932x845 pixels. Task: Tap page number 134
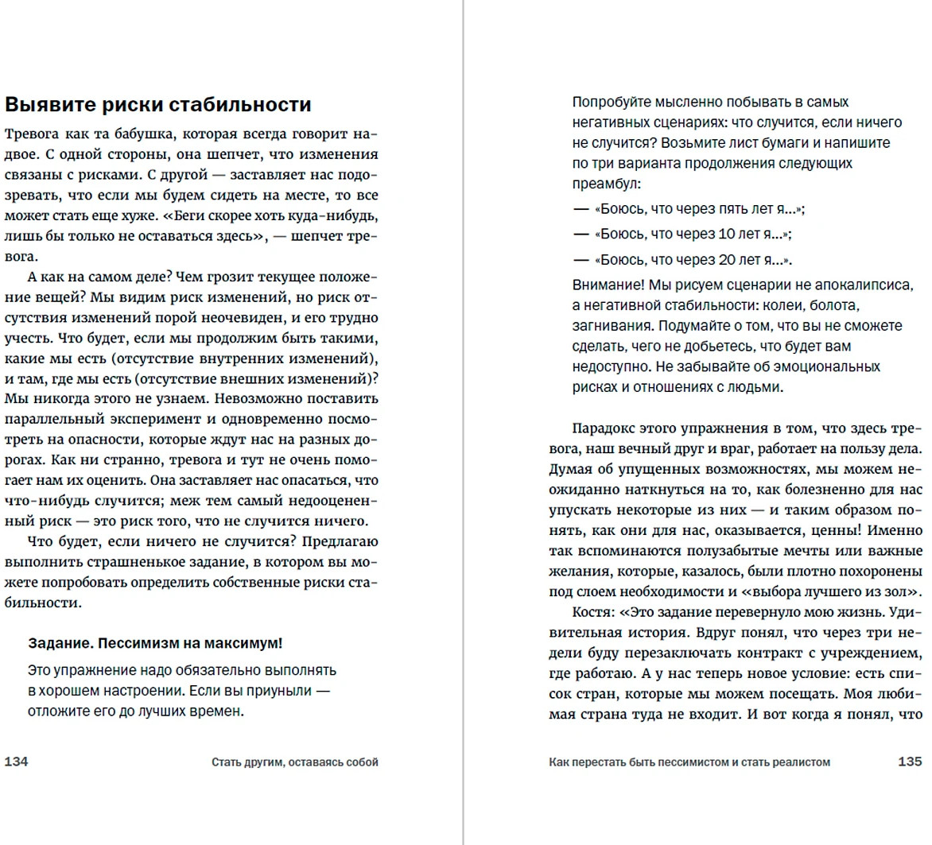click(x=17, y=762)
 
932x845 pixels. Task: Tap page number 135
click(x=910, y=762)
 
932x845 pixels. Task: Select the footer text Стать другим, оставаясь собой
click(x=294, y=762)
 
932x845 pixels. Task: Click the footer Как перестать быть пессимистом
click(x=689, y=762)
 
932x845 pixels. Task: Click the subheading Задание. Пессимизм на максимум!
click(x=155, y=643)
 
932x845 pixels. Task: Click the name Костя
click(x=592, y=612)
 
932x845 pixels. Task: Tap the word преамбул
click(x=604, y=184)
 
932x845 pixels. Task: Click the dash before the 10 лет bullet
click(x=581, y=235)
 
